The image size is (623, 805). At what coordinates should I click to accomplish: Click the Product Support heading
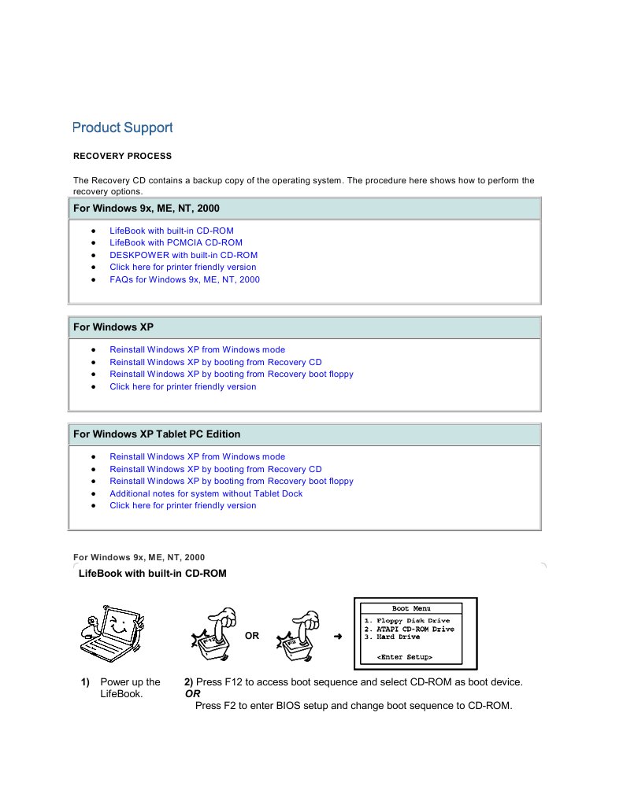pos(122,127)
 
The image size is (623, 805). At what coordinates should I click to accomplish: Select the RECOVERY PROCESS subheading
pos(122,156)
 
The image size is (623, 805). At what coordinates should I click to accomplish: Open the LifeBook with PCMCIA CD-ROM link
pos(176,242)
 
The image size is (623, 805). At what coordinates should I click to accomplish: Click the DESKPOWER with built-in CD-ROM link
pos(183,255)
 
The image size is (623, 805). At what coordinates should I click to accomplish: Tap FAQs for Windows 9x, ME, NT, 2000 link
pos(184,279)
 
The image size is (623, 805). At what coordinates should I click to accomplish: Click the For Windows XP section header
pos(113,327)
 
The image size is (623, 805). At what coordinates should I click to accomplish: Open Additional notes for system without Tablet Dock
pos(206,493)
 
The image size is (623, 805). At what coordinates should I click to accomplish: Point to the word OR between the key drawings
pos(252,636)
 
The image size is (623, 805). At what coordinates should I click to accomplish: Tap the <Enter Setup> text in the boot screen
pos(404,656)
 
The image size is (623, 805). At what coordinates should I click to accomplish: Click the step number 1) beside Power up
pos(84,682)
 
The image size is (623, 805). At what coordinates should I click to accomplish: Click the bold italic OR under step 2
pos(192,694)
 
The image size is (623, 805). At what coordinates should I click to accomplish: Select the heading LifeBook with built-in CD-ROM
pos(152,574)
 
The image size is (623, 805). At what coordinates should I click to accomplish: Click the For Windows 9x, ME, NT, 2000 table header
pos(146,209)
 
